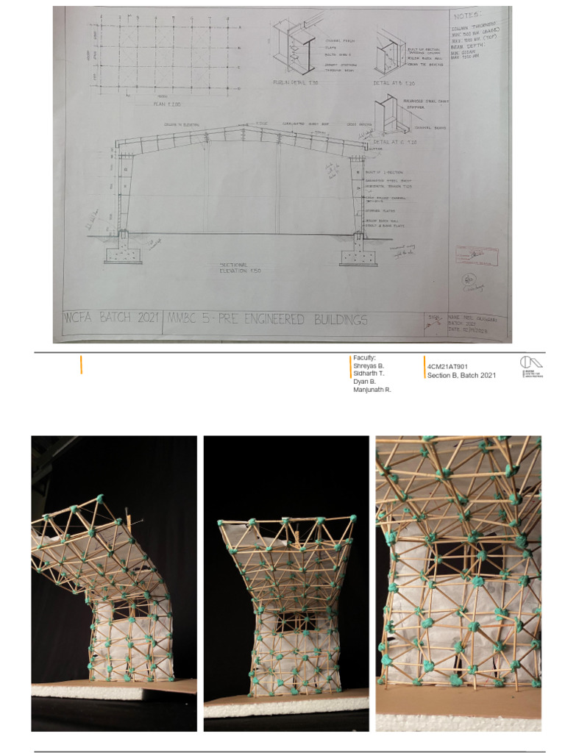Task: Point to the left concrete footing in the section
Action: pos(123,254)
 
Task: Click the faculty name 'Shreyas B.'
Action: pos(369,365)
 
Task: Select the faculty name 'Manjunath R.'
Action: pos(372,390)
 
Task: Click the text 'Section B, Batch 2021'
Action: pos(461,375)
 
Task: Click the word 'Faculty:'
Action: pos(364,357)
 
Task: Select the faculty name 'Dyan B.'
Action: pos(365,382)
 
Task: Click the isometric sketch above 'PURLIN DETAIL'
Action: pos(292,48)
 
